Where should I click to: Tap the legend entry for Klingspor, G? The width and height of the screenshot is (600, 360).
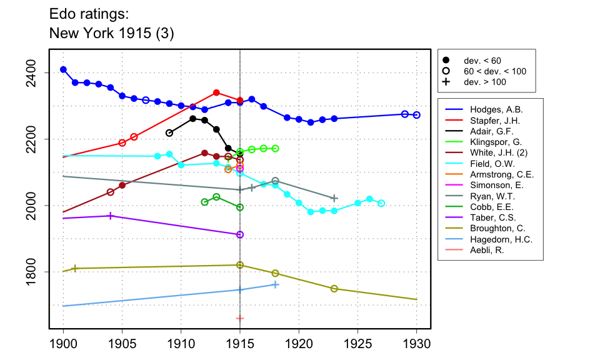(x=491, y=142)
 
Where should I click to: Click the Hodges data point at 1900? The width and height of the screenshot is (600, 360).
(x=63, y=69)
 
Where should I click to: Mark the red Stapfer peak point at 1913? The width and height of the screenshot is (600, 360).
(x=216, y=92)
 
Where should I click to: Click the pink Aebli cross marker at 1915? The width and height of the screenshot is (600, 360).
(x=240, y=318)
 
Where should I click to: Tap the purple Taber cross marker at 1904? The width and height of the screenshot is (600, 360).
(x=111, y=216)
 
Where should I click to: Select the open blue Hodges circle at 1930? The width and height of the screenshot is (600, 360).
(x=416, y=115)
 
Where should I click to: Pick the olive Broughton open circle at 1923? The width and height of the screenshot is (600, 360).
(x=334, y=289)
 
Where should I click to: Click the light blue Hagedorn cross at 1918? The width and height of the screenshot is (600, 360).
(x=276, y=284)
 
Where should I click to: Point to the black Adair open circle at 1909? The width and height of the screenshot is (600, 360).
(x=169, y=133)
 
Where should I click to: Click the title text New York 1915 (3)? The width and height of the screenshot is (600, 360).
(x=111, y=34)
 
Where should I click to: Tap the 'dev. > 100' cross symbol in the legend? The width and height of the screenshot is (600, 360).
(x=446, y=82)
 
